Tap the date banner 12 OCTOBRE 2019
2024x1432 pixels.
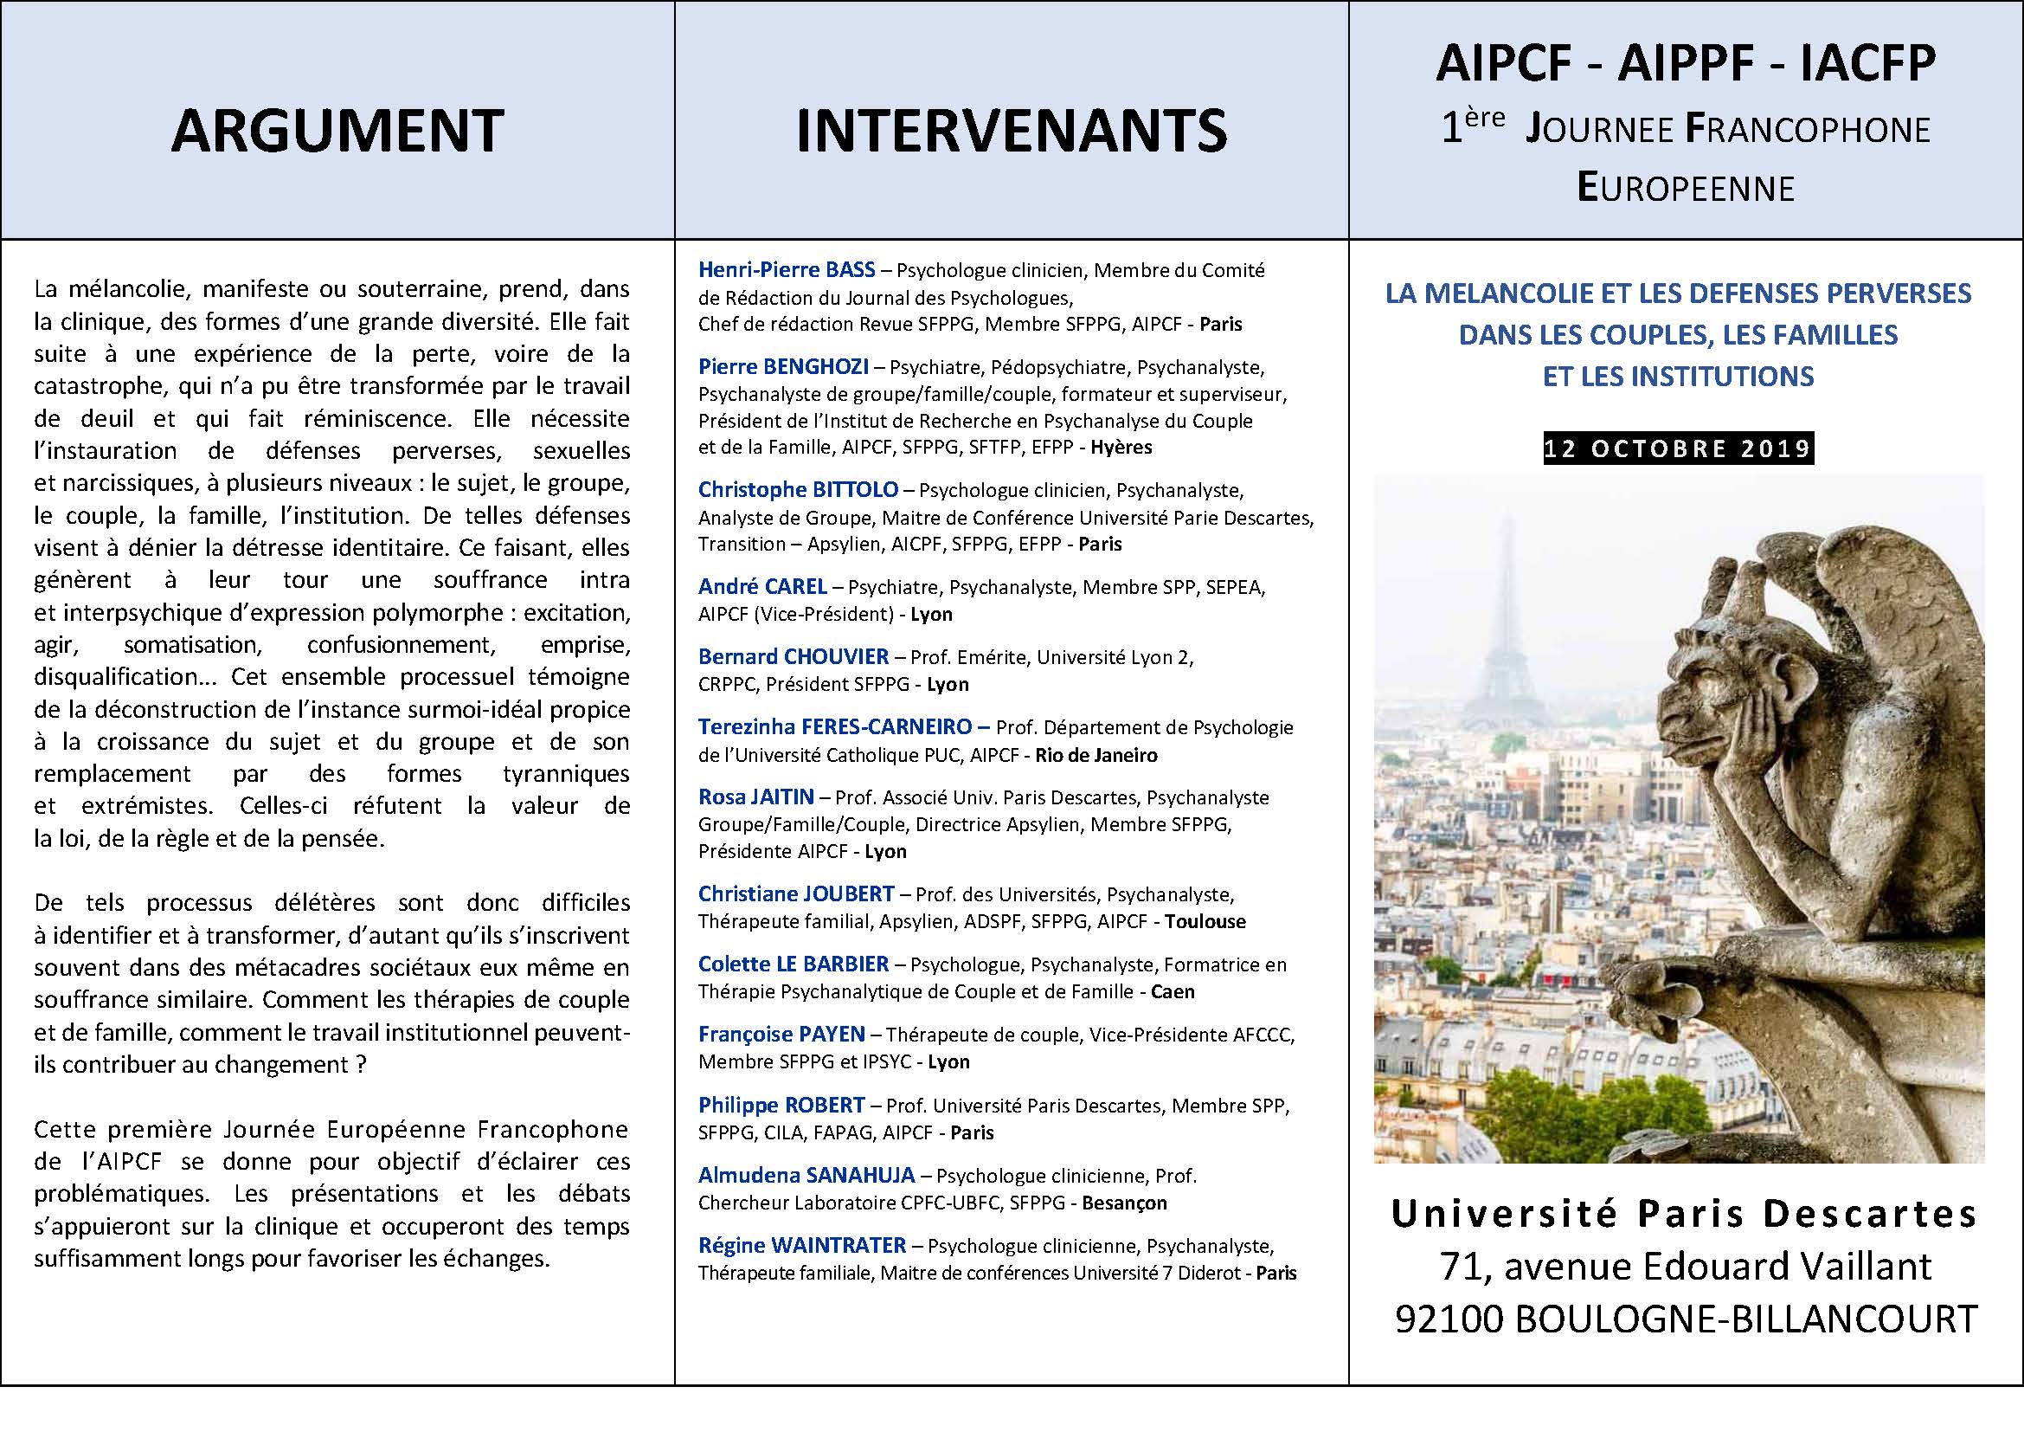click(1679, 448)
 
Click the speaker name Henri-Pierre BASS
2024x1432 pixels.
click(787, 269)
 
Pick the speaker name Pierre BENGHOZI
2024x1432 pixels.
click(783, 366)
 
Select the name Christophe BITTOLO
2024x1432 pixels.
click(798, 489)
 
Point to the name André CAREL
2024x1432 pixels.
click(761, 586)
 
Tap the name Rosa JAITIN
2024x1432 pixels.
click(755, 797)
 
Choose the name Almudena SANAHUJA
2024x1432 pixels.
click(806, 1176)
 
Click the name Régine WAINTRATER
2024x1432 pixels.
click(801, 1246)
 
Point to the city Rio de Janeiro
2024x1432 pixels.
click(1096, 755)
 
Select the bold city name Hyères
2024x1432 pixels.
click(1121, 447)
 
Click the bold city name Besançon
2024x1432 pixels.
click(1124, 1203)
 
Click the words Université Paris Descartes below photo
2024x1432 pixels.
click(1684, 1215)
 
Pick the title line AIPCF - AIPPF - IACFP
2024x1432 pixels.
click(1686, 62)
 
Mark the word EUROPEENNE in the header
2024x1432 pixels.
click(1686, 188)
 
